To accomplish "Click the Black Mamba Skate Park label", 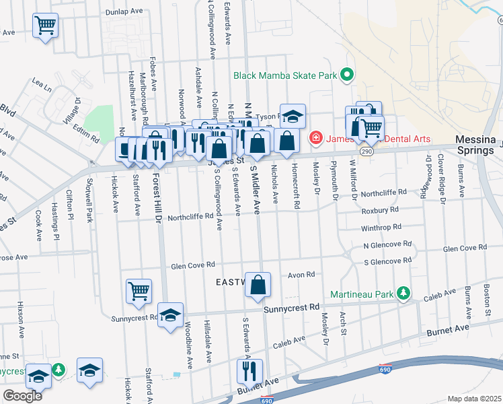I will tap(285, 75).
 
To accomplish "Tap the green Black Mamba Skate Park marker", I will tap(347, 74).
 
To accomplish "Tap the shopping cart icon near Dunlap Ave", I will tap(45, 26).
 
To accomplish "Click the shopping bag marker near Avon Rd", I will tap(258, 285).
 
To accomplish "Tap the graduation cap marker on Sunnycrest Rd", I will tap(171, 315).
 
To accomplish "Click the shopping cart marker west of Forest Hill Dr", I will tap(139, 292).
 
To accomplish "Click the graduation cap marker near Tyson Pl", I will tap(293, 116).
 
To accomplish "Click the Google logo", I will tap(23, 395).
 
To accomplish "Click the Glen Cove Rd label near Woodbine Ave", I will tap(192, 265).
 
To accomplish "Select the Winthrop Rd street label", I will tap(381, 228).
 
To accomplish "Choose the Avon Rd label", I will tap(301, 275).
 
